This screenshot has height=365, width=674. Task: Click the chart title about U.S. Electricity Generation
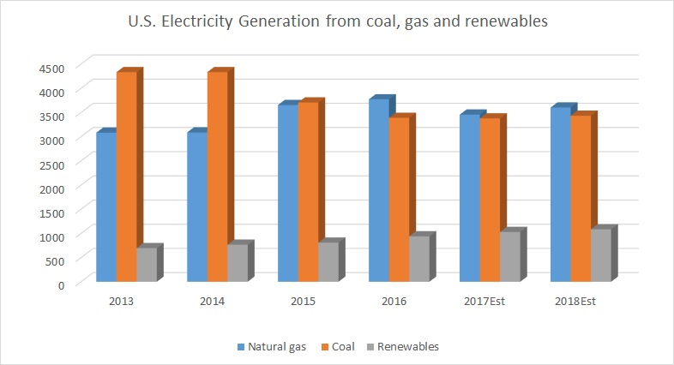click(x=337, y=21)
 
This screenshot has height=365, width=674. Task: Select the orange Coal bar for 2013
click(x=126, y=177)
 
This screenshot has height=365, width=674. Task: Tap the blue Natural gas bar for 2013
click(x=105, y=206)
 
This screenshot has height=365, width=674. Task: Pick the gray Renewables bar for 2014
click(x=237, y=263)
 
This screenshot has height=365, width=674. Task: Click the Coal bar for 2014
click(x=217, y=177)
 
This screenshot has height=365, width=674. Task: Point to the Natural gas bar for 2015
click(x=287, y=193)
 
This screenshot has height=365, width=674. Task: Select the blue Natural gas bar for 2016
click(x=378, y=190)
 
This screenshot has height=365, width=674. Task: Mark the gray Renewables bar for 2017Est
click(x=510, y=256)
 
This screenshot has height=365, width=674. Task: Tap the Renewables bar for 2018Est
click(x=601, y=254)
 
